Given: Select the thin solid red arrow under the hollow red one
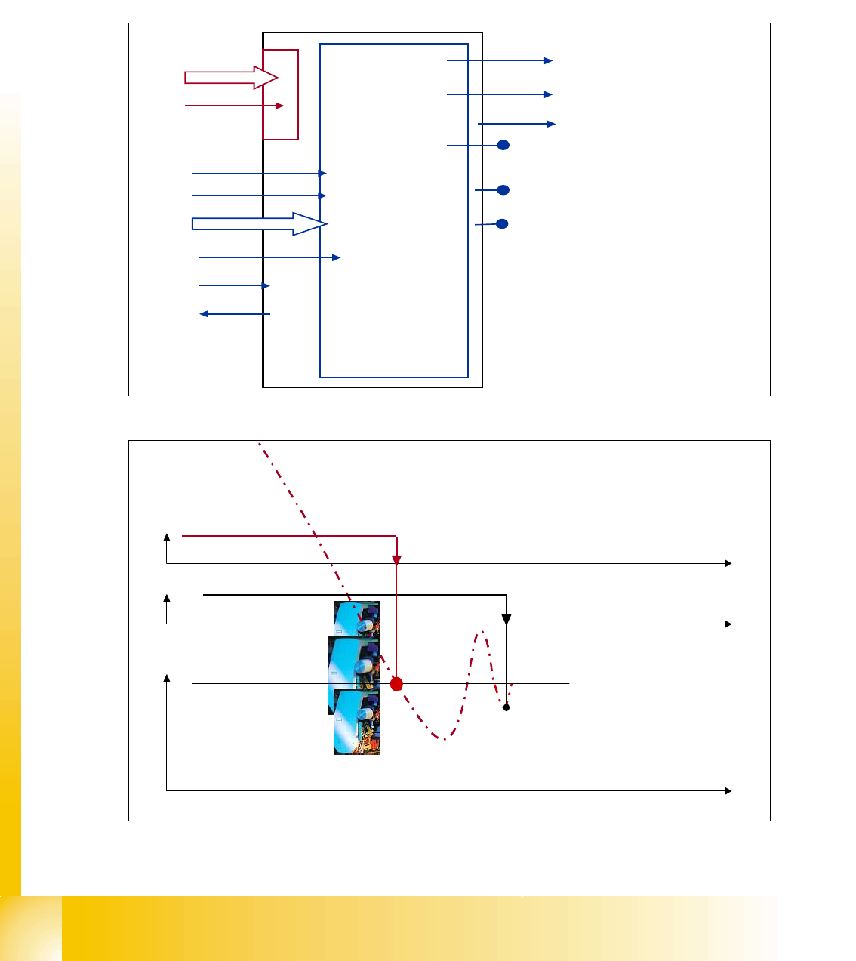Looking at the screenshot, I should pyautogui.click(x=234, y=106).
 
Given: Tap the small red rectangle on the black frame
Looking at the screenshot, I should pyautogui.click(x=281, y=94).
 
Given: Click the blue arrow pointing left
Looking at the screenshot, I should pyautogui.click(x=235, y=314).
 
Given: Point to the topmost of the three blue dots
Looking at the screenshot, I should pyautogui.click(x=503, y=145).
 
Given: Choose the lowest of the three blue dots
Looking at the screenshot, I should pyautogui.click(x=502, y=223).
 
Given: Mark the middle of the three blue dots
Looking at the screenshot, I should pyautogui.click(x=503, y=189).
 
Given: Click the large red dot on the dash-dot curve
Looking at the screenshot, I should pyautogui.click(x=396, y=684).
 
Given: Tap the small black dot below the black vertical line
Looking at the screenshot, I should pyautogui.click(x=507, y=707).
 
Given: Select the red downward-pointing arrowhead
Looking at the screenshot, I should pyautogui.click(x=396, y=559).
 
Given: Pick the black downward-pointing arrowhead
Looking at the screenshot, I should pyautogui.click(x=507, y=620).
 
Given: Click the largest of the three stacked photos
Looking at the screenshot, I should pyautogui.click(x=354, y=675).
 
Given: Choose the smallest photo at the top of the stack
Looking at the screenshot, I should pyautogui.click(x=356, y=618).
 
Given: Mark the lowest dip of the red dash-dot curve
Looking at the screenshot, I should pyautogui.click(x=445, y=739).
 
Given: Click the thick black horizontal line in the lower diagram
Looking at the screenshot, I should pyautogui.click(x=354, y=595).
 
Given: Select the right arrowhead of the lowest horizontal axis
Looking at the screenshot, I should pyautogui.click(x=728, y=790).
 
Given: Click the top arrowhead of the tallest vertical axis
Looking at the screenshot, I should pyautogui.click(x=166, y=679).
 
